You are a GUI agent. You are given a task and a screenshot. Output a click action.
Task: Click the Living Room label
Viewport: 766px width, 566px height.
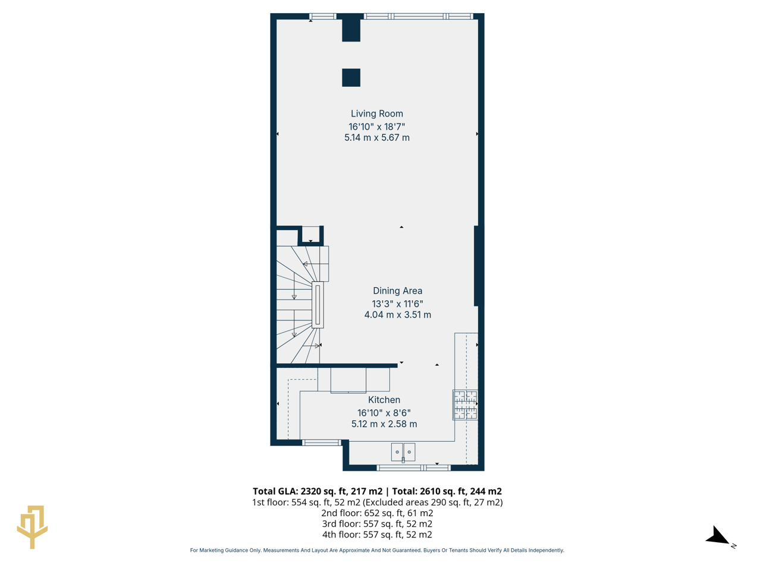point(376,114)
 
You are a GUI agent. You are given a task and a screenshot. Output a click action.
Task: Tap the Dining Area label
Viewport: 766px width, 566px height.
point(397,291)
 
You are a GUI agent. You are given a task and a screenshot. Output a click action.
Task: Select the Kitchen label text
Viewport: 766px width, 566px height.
point(384,400)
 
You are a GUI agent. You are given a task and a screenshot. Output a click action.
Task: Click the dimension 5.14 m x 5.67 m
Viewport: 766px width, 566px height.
point(376,137)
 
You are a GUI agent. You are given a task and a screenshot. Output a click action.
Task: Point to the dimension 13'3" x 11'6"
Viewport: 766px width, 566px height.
point(397,303)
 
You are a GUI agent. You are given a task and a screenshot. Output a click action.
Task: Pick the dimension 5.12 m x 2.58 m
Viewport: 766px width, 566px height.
point(384,424)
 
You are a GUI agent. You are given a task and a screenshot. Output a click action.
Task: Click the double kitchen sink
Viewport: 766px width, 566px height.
point(403,452)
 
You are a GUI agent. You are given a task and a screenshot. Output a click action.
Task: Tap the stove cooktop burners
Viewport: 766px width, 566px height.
point(465,405)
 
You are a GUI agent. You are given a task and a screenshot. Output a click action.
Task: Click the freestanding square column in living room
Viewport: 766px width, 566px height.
point(351,77)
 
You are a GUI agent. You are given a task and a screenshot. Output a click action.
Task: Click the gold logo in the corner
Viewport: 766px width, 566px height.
point(32,526)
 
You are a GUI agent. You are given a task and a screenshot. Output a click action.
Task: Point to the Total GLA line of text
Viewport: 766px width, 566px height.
point(377,491)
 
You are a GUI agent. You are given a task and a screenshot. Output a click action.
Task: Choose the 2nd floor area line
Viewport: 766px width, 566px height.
point(377,513)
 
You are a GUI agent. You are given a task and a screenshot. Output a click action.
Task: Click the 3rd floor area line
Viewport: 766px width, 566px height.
point(377,524)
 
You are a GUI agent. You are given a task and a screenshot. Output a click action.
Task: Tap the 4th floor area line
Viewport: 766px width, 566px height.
point(377,534)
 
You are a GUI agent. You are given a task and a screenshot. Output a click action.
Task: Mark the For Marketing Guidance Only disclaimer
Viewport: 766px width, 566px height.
point(377,551)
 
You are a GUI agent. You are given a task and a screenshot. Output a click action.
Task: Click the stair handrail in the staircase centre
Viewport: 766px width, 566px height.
point(318,304)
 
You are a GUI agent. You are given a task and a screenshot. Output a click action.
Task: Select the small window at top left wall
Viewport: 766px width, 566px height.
point(322,16)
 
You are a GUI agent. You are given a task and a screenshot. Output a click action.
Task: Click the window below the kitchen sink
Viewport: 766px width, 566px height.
point(414,468)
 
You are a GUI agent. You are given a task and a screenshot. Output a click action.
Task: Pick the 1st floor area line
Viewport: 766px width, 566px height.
point(377,502)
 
